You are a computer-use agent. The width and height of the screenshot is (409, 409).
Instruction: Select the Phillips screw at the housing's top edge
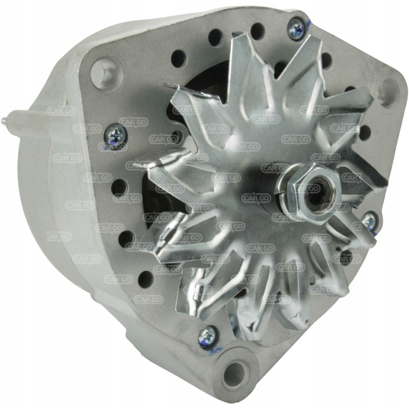[296, 29]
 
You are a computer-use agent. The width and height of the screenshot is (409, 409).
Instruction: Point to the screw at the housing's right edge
[369, 221]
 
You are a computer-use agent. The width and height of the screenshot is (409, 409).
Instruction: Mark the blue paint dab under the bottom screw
[216, 350]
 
